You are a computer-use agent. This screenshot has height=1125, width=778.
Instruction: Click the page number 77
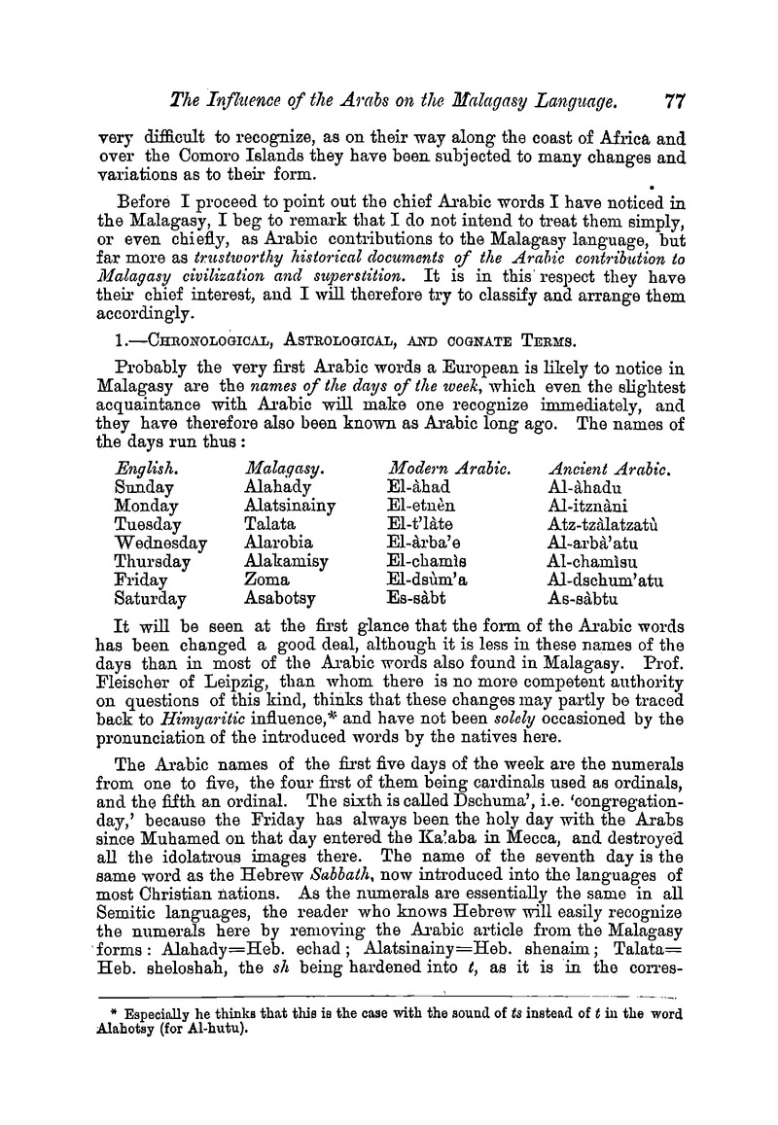coord(672,97)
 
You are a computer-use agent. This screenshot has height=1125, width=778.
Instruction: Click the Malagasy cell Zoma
coord(267,580)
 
